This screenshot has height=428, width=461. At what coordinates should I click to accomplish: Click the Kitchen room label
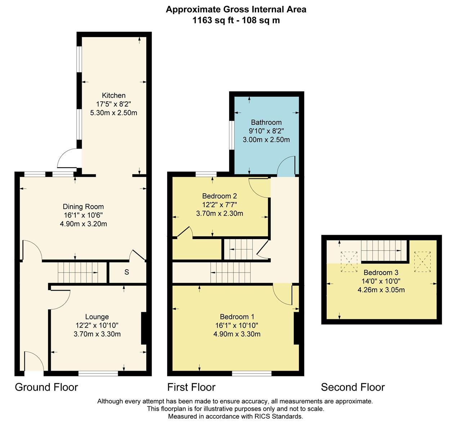114,96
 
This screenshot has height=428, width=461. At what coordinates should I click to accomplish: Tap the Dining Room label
83,207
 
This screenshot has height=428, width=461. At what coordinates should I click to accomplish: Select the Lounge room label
97,317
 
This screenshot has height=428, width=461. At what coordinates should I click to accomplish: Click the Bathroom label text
266,122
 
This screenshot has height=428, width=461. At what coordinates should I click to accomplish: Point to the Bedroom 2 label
220,196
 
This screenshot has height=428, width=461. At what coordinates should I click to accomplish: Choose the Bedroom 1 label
237,317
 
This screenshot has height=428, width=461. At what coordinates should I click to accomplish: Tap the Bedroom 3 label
381,272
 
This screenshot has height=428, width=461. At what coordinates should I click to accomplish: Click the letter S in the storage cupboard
126,272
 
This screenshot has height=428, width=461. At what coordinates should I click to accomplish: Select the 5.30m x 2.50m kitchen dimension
114,113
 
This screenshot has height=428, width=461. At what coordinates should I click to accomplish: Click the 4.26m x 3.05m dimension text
381,290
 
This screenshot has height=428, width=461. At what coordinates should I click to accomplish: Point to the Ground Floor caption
46,388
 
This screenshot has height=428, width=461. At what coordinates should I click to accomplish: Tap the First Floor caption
192,388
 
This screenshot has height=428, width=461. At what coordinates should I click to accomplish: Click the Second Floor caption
353,388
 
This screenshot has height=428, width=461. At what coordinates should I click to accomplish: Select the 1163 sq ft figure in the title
213,20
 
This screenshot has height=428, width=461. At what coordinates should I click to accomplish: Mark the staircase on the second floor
384,250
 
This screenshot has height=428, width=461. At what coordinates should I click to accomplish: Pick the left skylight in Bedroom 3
349,262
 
